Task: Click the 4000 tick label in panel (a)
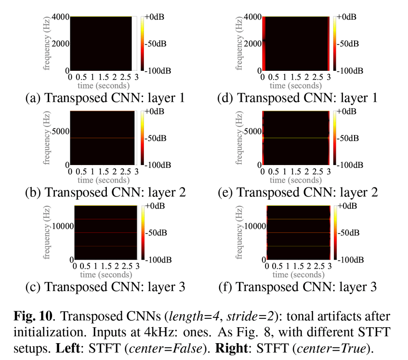coord(60,17)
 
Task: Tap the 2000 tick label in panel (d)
coord(252,44)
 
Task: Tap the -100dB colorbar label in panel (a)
coord(159,70)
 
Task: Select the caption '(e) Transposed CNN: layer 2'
coord(297,192)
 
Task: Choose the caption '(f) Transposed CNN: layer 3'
coord(297,286)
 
